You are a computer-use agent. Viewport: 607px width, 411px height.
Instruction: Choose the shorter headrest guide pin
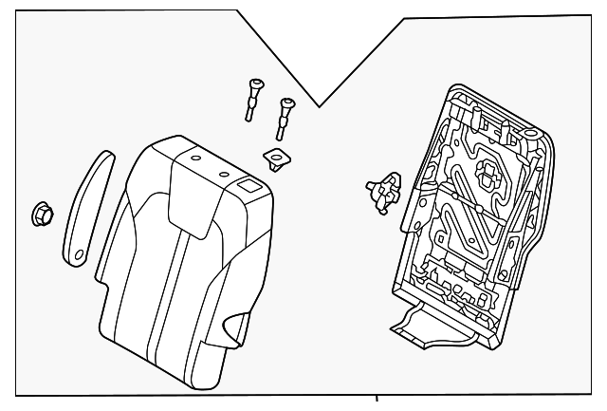point(284,116)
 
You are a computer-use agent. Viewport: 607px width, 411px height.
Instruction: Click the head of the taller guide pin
point(253,84)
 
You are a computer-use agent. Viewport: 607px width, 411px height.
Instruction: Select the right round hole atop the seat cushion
point(225,174)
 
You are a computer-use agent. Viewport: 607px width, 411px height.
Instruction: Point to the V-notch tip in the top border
point(322,105)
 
